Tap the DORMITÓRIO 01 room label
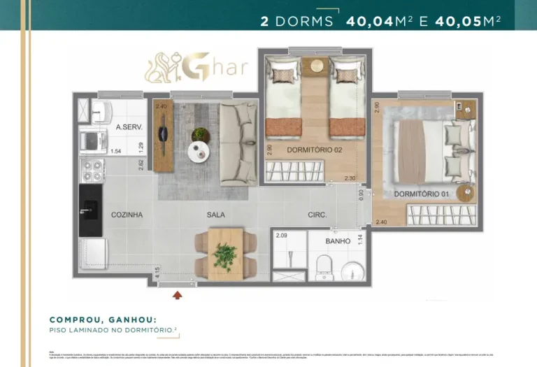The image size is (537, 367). pos(422,194)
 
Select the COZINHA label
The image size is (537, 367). pos(127,215)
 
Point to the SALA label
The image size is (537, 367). pos(215,215)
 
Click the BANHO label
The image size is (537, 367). pos(338,241)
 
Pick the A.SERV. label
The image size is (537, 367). pos(129,127)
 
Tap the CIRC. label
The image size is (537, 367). pos(317,215)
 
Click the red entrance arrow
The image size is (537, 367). pos(178,295)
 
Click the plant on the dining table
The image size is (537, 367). pos(225,255)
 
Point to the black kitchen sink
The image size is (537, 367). pos(91,209)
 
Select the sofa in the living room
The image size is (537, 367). pos(238,143)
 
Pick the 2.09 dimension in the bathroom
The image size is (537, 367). pos(281,236)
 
